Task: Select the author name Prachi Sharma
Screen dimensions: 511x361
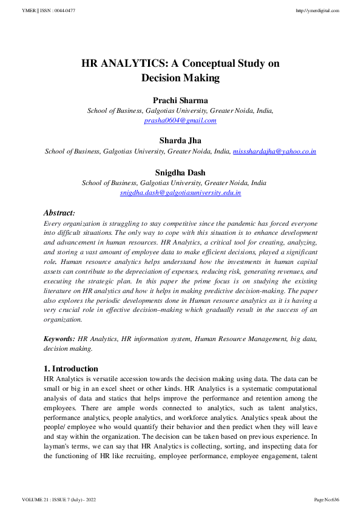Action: pyautogui.click(x=180, y=100)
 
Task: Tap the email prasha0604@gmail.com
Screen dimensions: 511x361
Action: pyautogui.click(x=180, y=120)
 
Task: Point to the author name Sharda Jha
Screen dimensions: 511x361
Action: pyautogui.click(x=180, y=141)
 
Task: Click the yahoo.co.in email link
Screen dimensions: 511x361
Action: pyautogui.click(x=274, y=151)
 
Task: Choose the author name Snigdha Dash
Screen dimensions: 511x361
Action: pyautogui.click(x=180, y=172)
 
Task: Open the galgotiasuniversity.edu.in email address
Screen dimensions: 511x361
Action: pyautogui.click(x=180, y=192)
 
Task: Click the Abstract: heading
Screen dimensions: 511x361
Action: pyautogui.click(x=59, y=213)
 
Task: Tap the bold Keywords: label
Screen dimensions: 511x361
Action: pyautogui.click(x=59, y=339)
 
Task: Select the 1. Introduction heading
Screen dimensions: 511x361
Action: pyautogui.click(x=70, y=368)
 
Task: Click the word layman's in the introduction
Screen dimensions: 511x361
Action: pyautogui.click(x=58, y=447)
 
